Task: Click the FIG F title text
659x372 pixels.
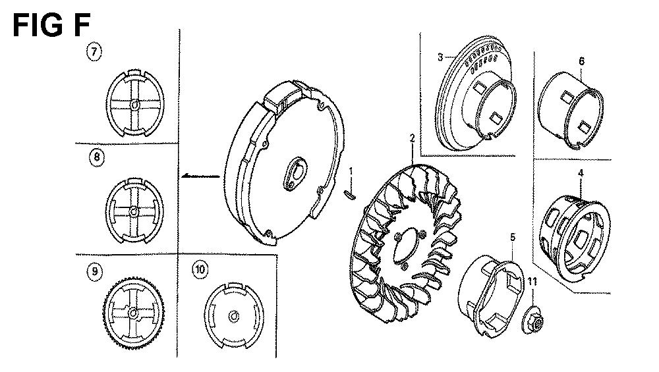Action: point(51,25)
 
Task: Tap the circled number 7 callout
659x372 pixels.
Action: point(94,53)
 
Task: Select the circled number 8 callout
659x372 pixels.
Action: point(97,157)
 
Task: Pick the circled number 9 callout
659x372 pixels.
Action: point(94,271)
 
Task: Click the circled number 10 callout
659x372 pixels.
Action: point(200,269)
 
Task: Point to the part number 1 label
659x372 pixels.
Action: point(351,171)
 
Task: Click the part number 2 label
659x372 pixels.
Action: point(413,138)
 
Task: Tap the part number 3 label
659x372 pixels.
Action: point(440,57)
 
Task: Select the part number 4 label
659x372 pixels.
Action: point(581,173)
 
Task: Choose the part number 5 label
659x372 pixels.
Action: point(513,237)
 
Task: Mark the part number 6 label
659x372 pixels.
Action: point(581,61)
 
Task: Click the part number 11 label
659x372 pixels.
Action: point(532,282)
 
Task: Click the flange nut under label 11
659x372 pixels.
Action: point(533,321)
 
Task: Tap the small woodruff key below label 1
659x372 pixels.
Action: point(350,194)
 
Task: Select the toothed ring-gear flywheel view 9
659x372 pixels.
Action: point(134,313)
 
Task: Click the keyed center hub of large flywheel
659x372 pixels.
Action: point(295,173)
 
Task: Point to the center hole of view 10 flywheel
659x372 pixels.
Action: point(234,316)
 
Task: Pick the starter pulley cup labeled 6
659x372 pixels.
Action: point(570,111)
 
